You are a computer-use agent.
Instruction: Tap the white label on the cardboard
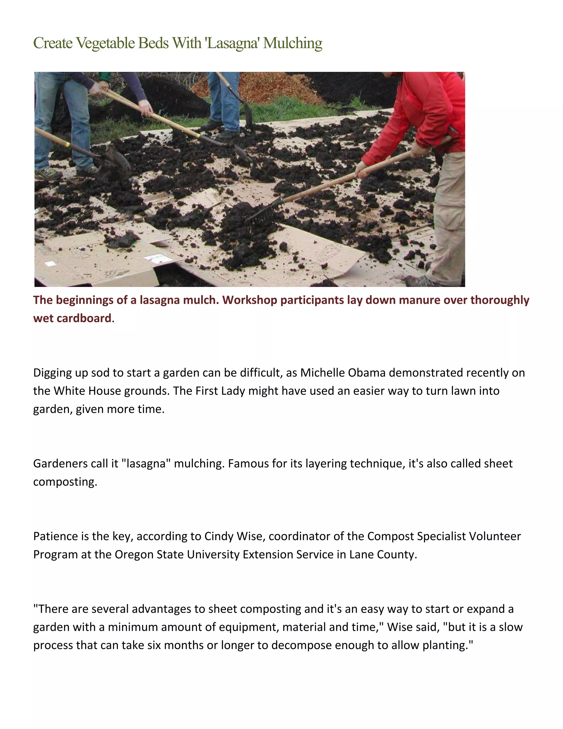[157, 258]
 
